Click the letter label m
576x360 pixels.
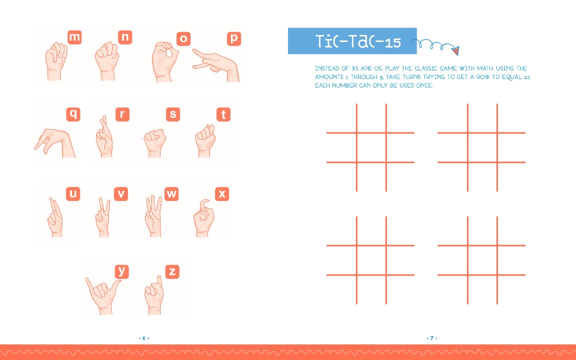pyautogui.click(x=74, y=37)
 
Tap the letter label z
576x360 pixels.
pyautogui.click(x=172, y=272)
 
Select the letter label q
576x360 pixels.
pyautogui.click(x=73, y=114)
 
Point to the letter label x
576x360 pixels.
pyautogui.click(x=222, y=193)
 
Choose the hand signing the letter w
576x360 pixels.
pyautogui.click(x=153, y=216)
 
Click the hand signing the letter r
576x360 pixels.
pyautogui.click(x=104, y=136)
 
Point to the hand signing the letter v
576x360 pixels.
pyautogui.click(x=103, y=217)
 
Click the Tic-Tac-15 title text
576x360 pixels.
pyautogui.click(x=358, y=41)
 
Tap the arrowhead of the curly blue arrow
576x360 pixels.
pyautogui.click(x=455, y=50)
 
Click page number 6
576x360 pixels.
pyautogui.click(x=144, y=338)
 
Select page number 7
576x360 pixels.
pyautogui.click(x=432, y=338)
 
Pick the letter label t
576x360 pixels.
pyautogui.click(x=223, y=114)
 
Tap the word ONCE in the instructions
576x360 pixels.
pyautogui.click(x=424, y=85)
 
